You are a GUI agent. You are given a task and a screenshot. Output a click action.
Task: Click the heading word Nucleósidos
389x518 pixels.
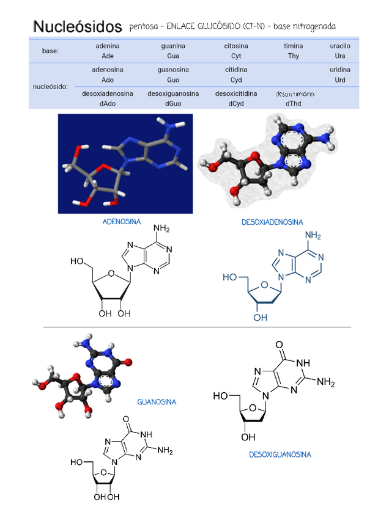78,26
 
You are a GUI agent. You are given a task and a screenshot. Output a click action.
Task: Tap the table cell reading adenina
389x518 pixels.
108,46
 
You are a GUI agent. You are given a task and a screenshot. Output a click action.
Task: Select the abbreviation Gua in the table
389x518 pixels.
173,56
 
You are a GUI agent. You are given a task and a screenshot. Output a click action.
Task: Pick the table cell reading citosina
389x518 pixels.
236,46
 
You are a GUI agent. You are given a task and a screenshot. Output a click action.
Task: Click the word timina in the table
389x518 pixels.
293,46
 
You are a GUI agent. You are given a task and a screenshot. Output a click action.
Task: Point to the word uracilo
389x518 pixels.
340,46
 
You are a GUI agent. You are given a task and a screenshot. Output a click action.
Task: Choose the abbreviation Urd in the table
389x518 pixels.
340,80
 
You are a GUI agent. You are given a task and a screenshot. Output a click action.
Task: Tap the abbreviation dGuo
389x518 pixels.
173,103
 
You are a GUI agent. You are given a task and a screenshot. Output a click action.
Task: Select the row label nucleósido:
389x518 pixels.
50,87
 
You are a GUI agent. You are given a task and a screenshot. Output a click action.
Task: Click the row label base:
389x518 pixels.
50,51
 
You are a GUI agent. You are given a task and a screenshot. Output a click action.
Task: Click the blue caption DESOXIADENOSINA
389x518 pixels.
272,222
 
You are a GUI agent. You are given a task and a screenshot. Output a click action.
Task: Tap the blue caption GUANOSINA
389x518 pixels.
157,402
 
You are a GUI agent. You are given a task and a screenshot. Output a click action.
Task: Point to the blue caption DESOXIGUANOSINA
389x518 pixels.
280,454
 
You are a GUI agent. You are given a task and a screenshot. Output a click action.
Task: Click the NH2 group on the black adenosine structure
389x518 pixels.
161,229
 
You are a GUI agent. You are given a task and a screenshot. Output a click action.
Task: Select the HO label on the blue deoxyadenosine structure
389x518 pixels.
230,277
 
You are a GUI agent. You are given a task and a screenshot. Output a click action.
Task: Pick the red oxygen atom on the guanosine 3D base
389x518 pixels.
128,362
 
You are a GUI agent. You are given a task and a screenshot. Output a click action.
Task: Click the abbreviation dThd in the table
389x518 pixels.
293,103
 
